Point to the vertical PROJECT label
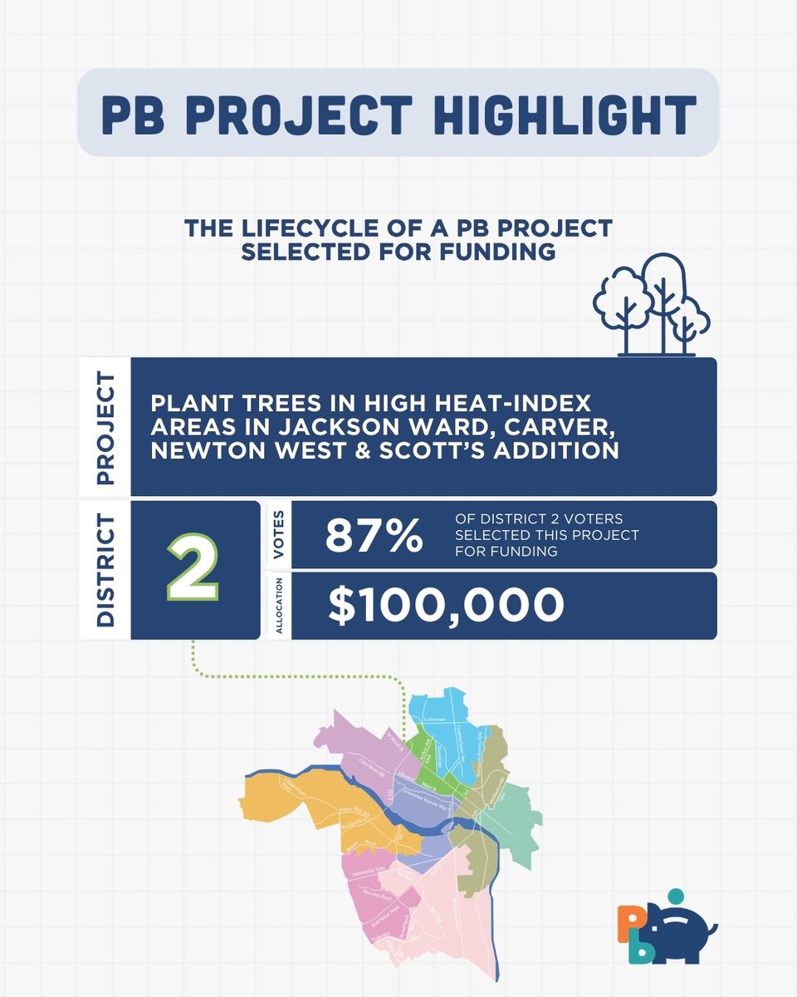(x=105, y=427)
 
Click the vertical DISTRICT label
(x=105, y=570)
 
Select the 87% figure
(x=374, y=536)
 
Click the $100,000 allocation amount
(x=446, y=606)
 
